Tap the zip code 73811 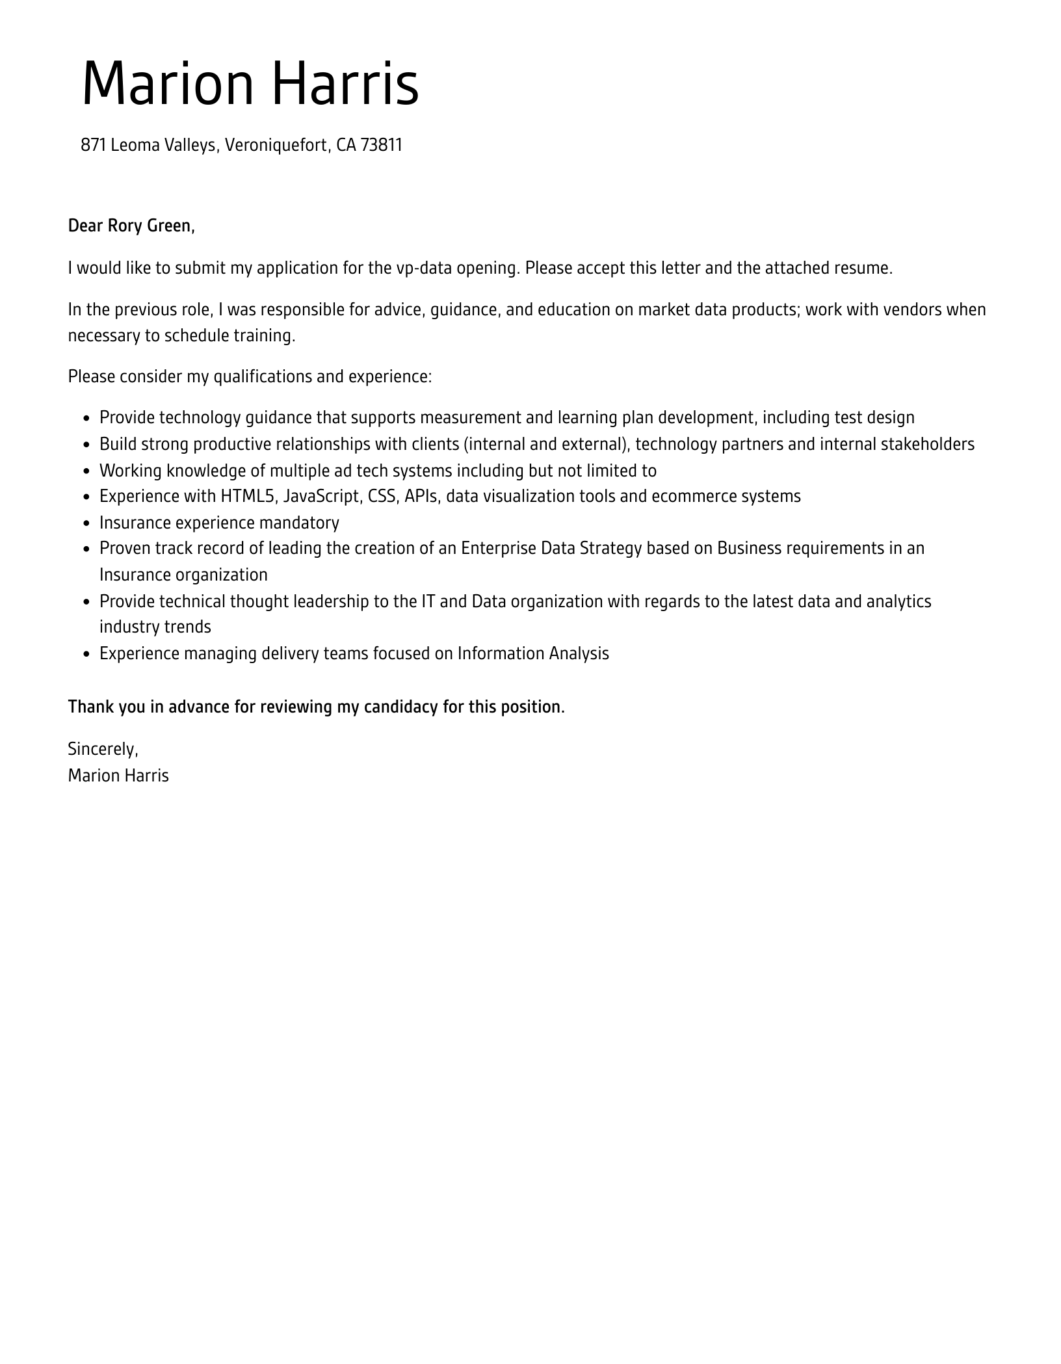(382, 145)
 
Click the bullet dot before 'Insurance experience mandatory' (86, 523)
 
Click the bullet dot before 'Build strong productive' (86, 445)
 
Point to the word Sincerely (103, 749)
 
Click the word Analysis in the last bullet (579, 653)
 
